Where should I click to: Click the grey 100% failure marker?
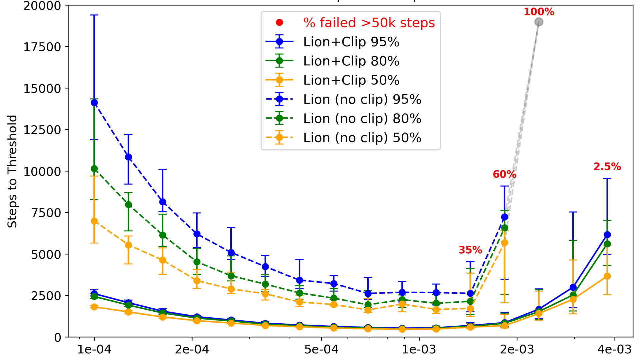coord(539,22)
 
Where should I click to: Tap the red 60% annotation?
coord(504,174)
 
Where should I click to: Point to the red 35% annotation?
coord(470,250)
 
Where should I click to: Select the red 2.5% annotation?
coord(607,167)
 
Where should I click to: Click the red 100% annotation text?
coord(539,12)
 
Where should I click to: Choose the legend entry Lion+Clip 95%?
coord(351,42)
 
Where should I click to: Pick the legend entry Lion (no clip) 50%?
coord(362,138)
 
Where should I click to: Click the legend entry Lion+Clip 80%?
coord(351,61)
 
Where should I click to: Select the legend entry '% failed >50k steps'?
coord(369,23)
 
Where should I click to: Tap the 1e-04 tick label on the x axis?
coord(94,349)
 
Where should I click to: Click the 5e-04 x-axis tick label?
coord(321,349)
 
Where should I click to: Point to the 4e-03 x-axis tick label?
coord(614,349)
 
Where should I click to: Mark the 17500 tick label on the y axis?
coord(42,47)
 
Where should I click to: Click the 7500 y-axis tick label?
coord(46,213)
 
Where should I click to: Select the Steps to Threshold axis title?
coord(12,171)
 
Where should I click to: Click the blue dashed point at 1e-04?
coord(94,103)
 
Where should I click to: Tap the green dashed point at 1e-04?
coord(94,169)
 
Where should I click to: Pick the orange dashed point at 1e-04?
coord(94,221)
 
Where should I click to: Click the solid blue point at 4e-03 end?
coord(607,235)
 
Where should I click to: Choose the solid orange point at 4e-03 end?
coord(607,276)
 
